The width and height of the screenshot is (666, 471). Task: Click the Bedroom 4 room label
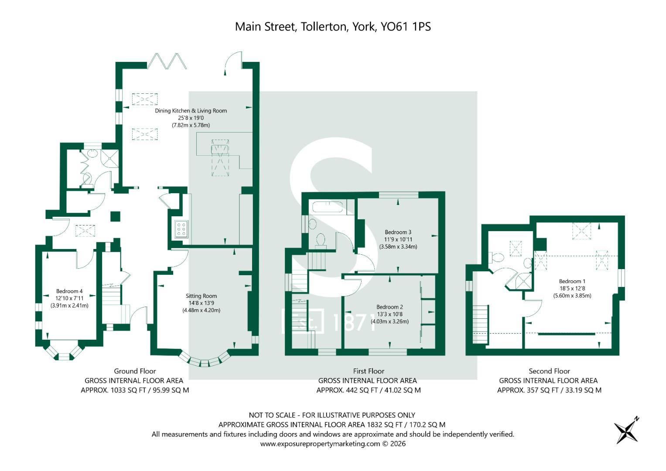(69, 291)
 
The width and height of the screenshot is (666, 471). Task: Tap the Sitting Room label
(202, 296)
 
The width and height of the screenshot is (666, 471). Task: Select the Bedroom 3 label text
(398, 232)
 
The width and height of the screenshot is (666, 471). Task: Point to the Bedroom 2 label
(390, 307)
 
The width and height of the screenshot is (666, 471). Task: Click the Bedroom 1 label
(572, 281)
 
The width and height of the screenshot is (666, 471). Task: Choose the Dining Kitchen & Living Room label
(191, 111)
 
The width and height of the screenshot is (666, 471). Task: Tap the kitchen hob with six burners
(181, 229)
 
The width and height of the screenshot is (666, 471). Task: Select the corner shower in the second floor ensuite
(523, 281)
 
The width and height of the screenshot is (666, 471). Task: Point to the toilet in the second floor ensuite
(496, 257)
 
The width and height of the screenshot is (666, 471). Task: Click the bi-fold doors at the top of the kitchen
(167, 61)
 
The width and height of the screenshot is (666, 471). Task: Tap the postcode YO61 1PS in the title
(406, 27)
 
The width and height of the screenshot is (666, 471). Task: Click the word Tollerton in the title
(324, 27)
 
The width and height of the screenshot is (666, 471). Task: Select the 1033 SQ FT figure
(128, 390)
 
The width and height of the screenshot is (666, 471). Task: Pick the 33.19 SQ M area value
(583, 390)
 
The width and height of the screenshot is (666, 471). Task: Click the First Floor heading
(369, 371)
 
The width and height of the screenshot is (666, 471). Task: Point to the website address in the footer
(320, 444)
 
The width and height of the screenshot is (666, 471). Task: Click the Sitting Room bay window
(205, 360)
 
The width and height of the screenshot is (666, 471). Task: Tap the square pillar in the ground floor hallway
(115, 216)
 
